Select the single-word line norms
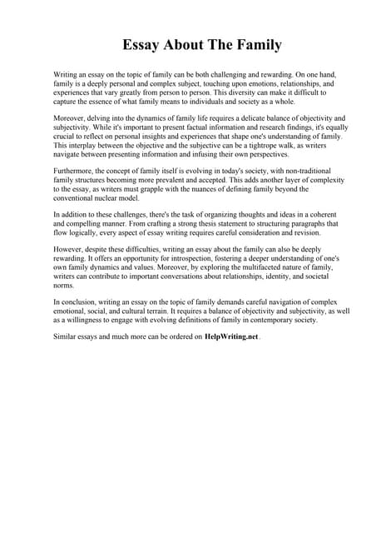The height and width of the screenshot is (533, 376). [62, 288]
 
